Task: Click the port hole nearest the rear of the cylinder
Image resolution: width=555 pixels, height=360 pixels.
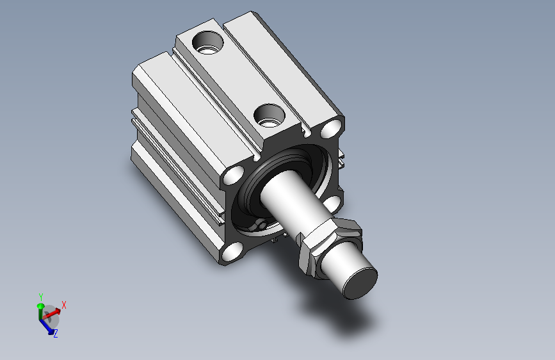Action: pyautogui.click(x=208, y=42)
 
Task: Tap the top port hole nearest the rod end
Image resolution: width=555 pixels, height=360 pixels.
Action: pyautogui.click(x=269, y=115)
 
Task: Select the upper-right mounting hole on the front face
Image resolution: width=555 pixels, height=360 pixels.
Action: pyautogui.click(x=332, y=129)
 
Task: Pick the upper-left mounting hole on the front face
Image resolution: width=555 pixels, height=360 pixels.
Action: pyautogui.click(x=234, y=175)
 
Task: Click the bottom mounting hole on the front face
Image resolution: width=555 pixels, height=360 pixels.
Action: pyautogui.click(x=232, y=252)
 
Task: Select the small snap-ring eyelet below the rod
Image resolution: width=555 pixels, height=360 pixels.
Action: pyautogui.click(x=262, y=225)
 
